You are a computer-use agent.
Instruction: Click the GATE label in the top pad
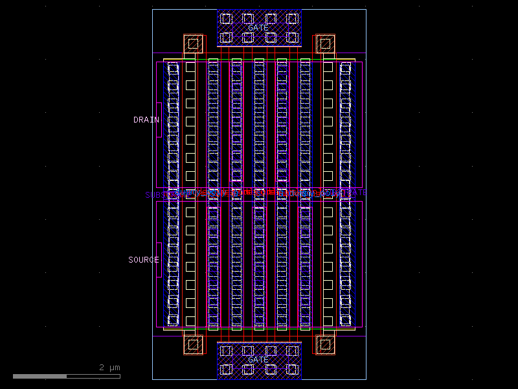click(258, 28)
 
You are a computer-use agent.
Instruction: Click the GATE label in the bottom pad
click(258, 360)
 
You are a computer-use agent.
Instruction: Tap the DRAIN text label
click(146, 120)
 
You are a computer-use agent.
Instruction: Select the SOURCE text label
click(143, 260)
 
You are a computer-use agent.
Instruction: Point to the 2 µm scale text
click(109, 368)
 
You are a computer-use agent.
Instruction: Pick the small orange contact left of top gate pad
click(193, 44)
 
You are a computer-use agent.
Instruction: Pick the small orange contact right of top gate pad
click(325, 44)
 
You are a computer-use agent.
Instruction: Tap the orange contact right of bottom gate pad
click(325, 344)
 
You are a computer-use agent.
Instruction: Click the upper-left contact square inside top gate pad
click(226, 18)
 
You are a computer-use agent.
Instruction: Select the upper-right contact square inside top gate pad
click(292, 18)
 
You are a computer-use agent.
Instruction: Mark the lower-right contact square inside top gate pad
click(292, 38)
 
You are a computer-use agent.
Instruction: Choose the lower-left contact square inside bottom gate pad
click(226, 370)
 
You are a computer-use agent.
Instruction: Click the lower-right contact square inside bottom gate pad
click(292, 370)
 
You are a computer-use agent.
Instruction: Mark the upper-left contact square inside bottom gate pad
click(226, 351)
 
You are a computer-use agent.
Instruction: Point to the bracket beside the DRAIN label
click(159, 120)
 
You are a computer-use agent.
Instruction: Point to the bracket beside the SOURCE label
click(159, 260)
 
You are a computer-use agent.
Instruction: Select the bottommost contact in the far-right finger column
click(346, 320)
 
